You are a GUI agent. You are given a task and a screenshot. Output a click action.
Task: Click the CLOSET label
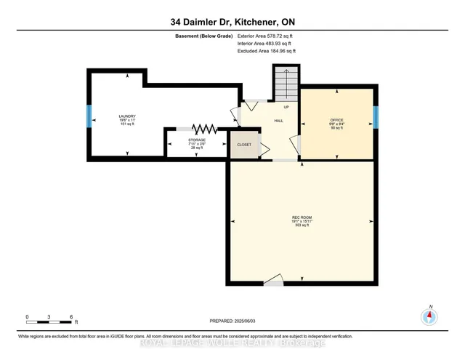tap(244, 145)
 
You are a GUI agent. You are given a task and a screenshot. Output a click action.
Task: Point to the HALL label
tap(278, 122)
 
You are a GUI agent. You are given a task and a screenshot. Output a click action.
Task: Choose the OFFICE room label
tap(336, 120)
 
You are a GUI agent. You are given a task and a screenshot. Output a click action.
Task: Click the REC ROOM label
tap(302, 217)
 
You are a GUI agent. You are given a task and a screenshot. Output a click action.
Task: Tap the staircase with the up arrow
tap(286, 84)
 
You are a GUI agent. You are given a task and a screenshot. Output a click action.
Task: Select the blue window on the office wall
tap(376, 117)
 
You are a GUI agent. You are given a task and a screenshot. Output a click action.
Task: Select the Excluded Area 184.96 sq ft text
tap(267, 52)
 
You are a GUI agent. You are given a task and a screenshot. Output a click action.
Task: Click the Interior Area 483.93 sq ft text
tap(266, 44)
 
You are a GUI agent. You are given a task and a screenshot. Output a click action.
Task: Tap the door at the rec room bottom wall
tap(273, 281)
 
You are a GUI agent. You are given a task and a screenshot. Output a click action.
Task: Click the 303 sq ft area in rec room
tap(302, 225)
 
